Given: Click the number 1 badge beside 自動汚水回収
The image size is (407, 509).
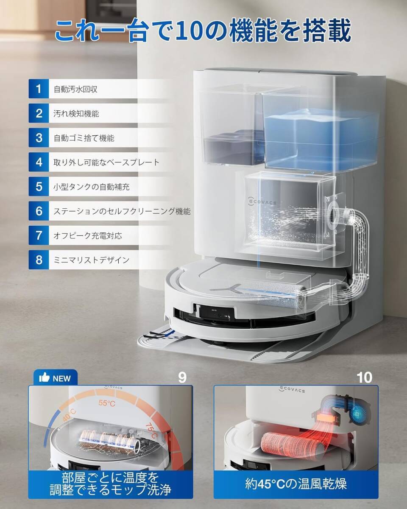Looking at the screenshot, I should (x=39, y=89).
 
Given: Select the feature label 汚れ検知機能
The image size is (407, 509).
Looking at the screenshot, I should (x=77, y=114).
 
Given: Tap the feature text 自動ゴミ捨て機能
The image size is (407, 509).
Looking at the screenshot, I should (x=84, y=138).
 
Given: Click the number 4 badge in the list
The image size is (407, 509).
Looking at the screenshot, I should (x=39, y=162).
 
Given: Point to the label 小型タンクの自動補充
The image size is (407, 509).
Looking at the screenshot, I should (x=92, y=187).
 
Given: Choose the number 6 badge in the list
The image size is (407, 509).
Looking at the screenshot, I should (x=39, y=211).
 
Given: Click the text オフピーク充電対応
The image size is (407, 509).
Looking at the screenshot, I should (x=88, y=235).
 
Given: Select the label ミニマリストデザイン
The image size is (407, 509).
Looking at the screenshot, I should (x=92, y=260).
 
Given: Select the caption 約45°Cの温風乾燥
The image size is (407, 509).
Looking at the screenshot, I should (x=296, y=483).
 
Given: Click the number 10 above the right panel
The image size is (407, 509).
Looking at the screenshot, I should (x=364, y=377).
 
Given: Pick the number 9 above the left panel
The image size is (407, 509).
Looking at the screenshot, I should (x=182, y=377).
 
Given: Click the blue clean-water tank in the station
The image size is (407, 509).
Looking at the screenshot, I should (x=321, y=136).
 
